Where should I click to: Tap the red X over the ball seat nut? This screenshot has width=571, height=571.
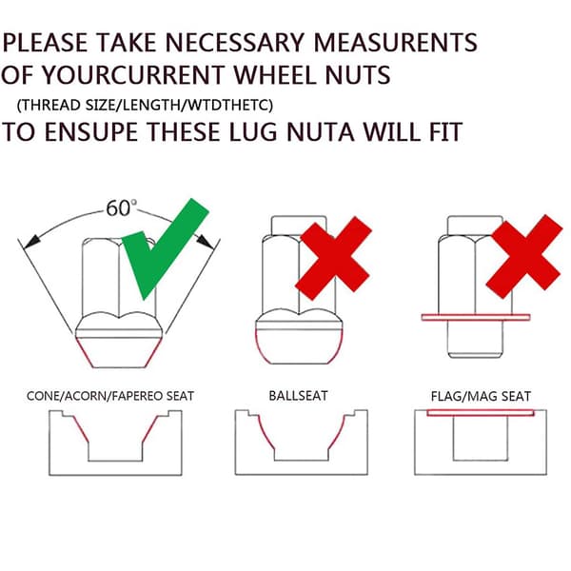click(333, 258)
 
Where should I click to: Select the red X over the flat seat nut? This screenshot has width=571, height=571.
click(524, 256)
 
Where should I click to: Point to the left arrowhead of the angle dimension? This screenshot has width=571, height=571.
click(30, 242)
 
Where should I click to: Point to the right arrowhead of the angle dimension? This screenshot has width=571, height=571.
click(206, 241)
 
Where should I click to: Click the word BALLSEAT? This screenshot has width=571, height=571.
click(298, 396)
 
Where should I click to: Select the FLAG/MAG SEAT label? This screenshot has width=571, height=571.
click(481, 396)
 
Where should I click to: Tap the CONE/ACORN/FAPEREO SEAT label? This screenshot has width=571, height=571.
click(110, 396)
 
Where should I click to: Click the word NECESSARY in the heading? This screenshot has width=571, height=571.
click(234, 43)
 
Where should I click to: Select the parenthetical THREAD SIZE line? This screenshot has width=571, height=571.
click(145, 106)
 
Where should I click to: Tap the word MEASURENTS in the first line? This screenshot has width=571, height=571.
click(396, 43)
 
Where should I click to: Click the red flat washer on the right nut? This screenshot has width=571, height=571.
click(476, 317)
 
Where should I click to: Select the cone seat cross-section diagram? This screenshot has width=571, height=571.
click(115, 443)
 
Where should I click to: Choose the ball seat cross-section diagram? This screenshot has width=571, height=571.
click(301, 443)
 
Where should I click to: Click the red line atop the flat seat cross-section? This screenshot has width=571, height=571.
click(481, 413)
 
